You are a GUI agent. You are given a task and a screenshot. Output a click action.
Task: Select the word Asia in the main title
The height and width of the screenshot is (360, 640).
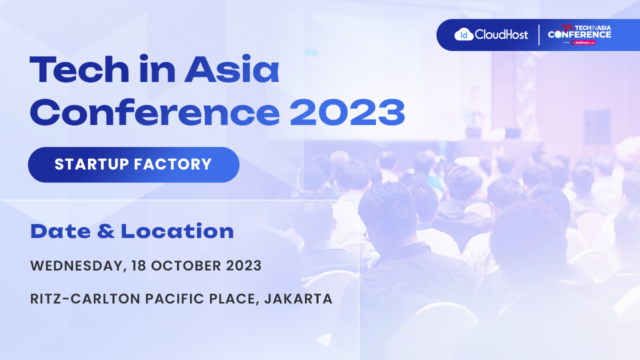tap(231, 70)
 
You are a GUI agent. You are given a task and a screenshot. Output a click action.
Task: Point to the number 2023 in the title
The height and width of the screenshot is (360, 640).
tap(347, 112)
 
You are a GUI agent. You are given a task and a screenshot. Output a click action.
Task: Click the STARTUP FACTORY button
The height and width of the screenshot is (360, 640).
tap(133, 164)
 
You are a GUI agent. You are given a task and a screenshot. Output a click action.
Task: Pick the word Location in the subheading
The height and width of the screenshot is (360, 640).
tap(177, 231)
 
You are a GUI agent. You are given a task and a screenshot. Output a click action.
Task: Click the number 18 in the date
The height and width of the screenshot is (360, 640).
tap(138, 266)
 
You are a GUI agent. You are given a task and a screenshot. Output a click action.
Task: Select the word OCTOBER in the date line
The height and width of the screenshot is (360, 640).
tap(183, 266)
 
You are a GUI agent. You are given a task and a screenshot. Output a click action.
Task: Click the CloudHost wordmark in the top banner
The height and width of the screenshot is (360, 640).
tap(501, 34)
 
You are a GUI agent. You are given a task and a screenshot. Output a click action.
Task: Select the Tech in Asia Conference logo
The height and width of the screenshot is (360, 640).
tap(579, 33)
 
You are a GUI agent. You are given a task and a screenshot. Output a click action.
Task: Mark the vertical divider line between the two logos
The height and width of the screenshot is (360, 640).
tap(539, 35)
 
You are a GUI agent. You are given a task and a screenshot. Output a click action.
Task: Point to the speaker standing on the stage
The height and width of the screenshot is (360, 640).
tap(473, 107)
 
